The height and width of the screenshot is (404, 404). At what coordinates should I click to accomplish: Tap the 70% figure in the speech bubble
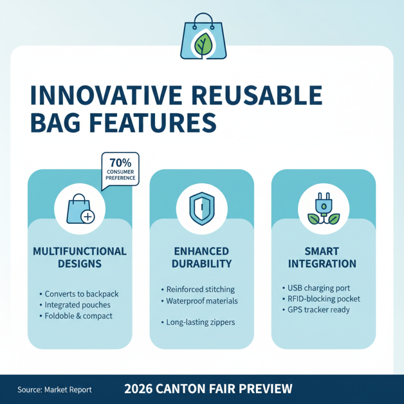pos(121,163)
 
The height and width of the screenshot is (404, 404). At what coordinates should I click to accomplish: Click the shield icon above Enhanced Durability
pos(201,209)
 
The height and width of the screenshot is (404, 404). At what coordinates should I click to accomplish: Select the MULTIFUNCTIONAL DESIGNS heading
pos(80,257)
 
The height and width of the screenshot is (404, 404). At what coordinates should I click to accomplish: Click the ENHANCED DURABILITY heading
pos(201,257)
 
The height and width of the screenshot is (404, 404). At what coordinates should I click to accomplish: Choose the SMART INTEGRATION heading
pos(324,257)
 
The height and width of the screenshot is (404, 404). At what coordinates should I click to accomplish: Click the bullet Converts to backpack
pos(82,294)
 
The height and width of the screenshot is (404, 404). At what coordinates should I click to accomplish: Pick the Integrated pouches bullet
pos(78,305)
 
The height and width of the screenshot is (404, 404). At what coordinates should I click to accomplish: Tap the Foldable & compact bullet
pos(79,316)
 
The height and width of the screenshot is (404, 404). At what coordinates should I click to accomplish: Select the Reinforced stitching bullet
pos(200,289)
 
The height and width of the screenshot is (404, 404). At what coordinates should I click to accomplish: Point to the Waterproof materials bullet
pos(202,301)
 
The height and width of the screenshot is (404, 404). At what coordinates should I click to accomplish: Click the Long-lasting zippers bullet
pos(200,322)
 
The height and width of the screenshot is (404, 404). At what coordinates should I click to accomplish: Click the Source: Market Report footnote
pos(55,390)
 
